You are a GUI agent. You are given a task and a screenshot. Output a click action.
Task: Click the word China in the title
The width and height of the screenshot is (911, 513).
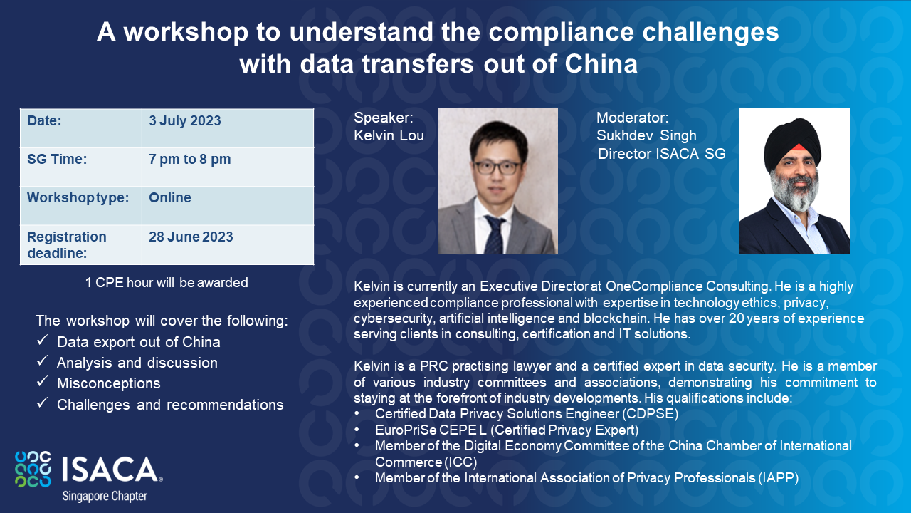click(601, 64)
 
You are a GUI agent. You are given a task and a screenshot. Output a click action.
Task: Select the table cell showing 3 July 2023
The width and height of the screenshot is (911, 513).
click(185, 120)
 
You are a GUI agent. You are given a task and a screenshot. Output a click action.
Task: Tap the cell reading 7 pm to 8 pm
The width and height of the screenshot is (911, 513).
click(189, 159)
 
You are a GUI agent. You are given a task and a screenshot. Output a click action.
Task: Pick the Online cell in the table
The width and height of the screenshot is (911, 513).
click(170, 197)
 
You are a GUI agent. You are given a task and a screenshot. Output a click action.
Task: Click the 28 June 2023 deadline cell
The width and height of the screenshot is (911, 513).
click(191, 237)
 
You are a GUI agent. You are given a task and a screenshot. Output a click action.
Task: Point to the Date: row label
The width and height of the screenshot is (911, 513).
click(44, 120)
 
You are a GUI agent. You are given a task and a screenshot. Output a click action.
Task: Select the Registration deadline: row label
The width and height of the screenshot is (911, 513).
click(67, 244)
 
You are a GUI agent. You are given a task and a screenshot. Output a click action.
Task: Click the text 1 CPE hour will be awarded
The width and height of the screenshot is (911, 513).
click(167, 282)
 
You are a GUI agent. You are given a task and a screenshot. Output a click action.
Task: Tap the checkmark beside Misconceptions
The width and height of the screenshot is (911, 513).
click(42, 383)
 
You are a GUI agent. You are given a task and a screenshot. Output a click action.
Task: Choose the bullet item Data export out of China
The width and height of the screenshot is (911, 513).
click(138, 342)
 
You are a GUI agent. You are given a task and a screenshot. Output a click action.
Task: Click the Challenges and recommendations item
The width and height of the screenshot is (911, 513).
click(170, 405)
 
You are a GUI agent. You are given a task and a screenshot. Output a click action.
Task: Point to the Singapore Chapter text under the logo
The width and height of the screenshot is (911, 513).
click(104, 495)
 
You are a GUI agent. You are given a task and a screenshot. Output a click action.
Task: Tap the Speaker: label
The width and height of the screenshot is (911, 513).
click(383, 118)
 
